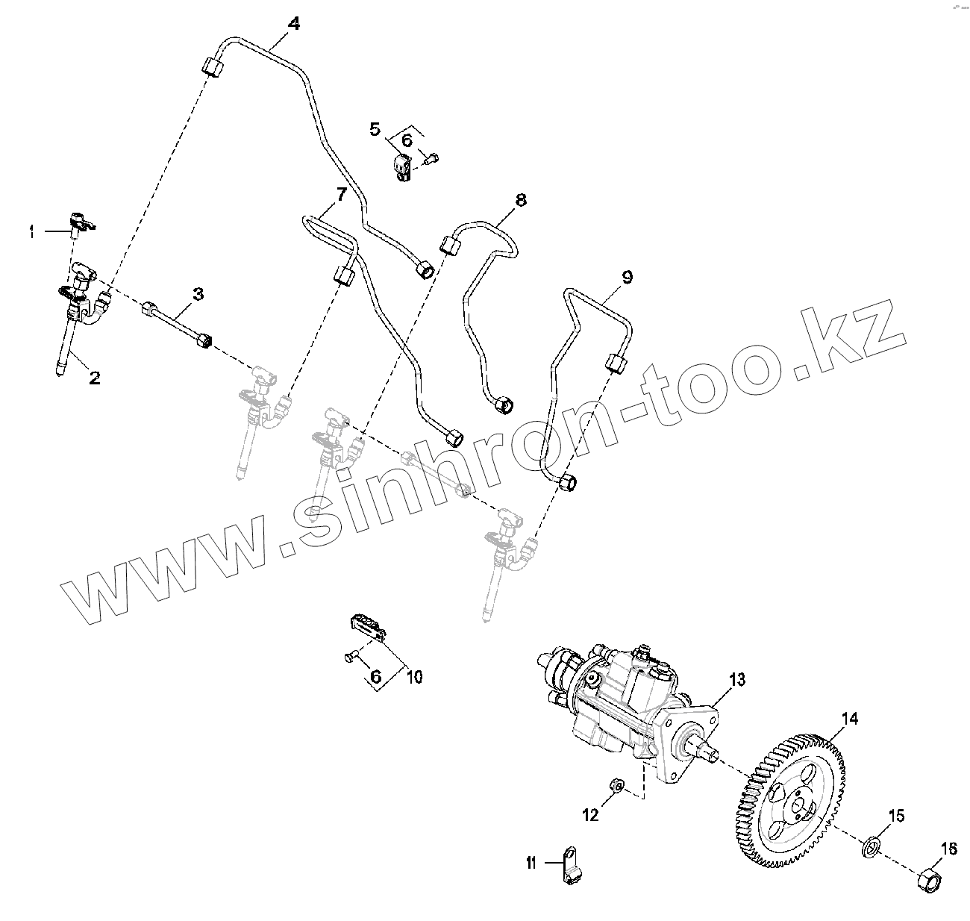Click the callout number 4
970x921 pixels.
click(x=294, y=23)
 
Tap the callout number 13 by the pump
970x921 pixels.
click(x=737, y=679)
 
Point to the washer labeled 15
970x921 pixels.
click(x=871, y=848)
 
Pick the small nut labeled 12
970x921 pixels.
click(x=617, y=784)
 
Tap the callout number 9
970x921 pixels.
click(x=627, y=278)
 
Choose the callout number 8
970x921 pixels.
click(x=520, y=199)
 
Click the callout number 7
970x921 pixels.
click(x=341, y=195)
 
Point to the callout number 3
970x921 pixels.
click(x=197, y=294)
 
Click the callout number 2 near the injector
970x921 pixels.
click(x=94, y=378)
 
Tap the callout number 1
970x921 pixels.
click(x=31, y=233)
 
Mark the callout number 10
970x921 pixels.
click(x=414, y=677)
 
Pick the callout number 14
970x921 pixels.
click(x=850, y=719)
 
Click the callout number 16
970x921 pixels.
click(x=948, y=849)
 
